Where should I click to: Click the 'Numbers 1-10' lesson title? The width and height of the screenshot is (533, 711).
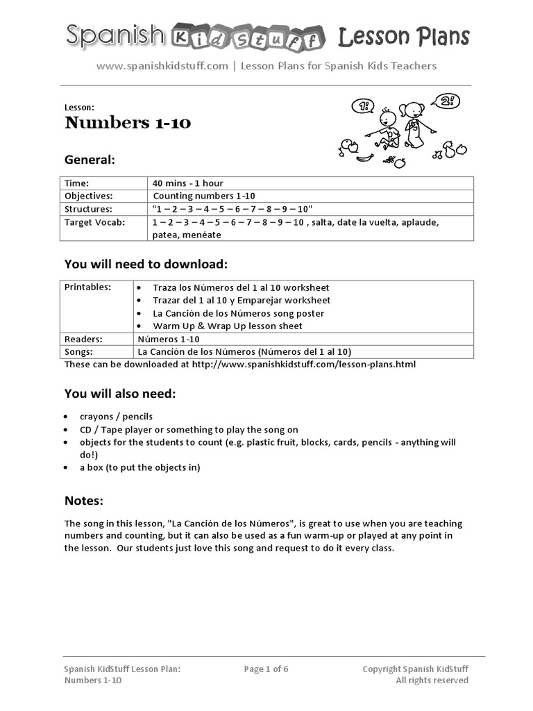point(128,124)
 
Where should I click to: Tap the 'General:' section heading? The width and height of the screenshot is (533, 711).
point(90,160)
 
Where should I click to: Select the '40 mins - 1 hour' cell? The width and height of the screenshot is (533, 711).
point(188,183)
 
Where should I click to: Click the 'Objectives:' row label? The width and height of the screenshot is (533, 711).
point(88,196)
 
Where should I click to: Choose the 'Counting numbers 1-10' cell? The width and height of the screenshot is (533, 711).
point(204,196)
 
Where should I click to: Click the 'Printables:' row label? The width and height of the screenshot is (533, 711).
point(87,287)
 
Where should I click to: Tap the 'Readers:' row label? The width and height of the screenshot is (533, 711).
point(83,339)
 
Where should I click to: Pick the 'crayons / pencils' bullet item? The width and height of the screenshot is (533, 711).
point(116,417)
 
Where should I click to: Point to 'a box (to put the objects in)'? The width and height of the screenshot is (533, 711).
point(139,467)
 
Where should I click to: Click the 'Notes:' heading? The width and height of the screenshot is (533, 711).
point(84,501)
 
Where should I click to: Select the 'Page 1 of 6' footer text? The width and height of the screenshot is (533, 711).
point(266,669)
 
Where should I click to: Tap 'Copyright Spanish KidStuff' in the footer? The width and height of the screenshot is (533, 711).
point(415,669)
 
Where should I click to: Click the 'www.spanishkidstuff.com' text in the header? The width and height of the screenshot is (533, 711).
point(162,66)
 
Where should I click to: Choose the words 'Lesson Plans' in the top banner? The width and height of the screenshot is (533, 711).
point(403,37)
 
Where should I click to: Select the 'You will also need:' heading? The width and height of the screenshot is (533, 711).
point(120,394)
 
